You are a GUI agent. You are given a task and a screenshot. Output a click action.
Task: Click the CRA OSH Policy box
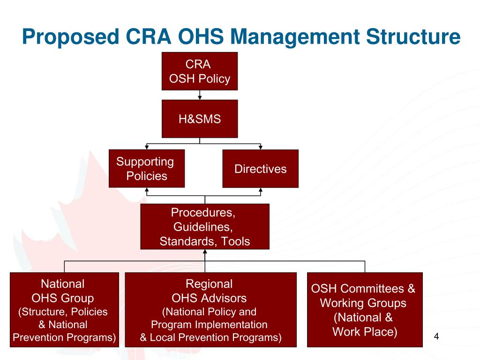(x=200, y=71)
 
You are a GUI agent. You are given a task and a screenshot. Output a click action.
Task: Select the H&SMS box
(x=200, y=119)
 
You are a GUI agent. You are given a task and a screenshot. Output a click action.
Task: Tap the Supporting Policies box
(x=146, y=168)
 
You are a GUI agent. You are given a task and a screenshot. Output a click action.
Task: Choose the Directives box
(x=260, y=169)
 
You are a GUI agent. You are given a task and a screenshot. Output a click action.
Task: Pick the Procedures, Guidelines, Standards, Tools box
(x=205, y=226)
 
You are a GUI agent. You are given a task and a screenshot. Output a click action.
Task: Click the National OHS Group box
(x=64, y=309)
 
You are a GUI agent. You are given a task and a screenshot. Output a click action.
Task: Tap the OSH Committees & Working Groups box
(x=364, y=309)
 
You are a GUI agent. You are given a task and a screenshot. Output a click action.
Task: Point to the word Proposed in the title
(x=70, y=37)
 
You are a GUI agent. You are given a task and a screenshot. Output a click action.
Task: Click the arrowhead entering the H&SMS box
(x=200, y=97)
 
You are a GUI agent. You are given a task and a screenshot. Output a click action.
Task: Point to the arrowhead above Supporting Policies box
(x=147, y=147)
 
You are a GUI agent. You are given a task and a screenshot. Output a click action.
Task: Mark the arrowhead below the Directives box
(x=261, y=190)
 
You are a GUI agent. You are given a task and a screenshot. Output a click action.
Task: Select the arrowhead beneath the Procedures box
(x=205, y=252)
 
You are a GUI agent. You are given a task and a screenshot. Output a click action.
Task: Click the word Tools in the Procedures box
(x=236, y=241)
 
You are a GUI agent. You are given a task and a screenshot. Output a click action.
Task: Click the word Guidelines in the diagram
(x=202, y=227)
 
